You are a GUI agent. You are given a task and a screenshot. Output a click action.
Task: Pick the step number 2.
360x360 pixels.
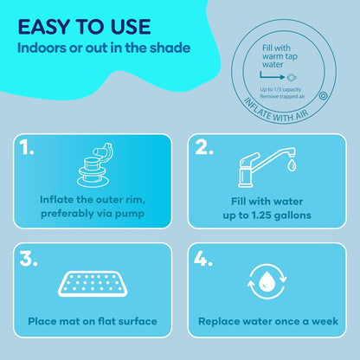[x=204, y=147]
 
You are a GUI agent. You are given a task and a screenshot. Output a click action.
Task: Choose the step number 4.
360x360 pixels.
[x=205, y=257]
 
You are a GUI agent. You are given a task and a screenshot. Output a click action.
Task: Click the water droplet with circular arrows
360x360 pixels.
[x=272, y=283]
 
